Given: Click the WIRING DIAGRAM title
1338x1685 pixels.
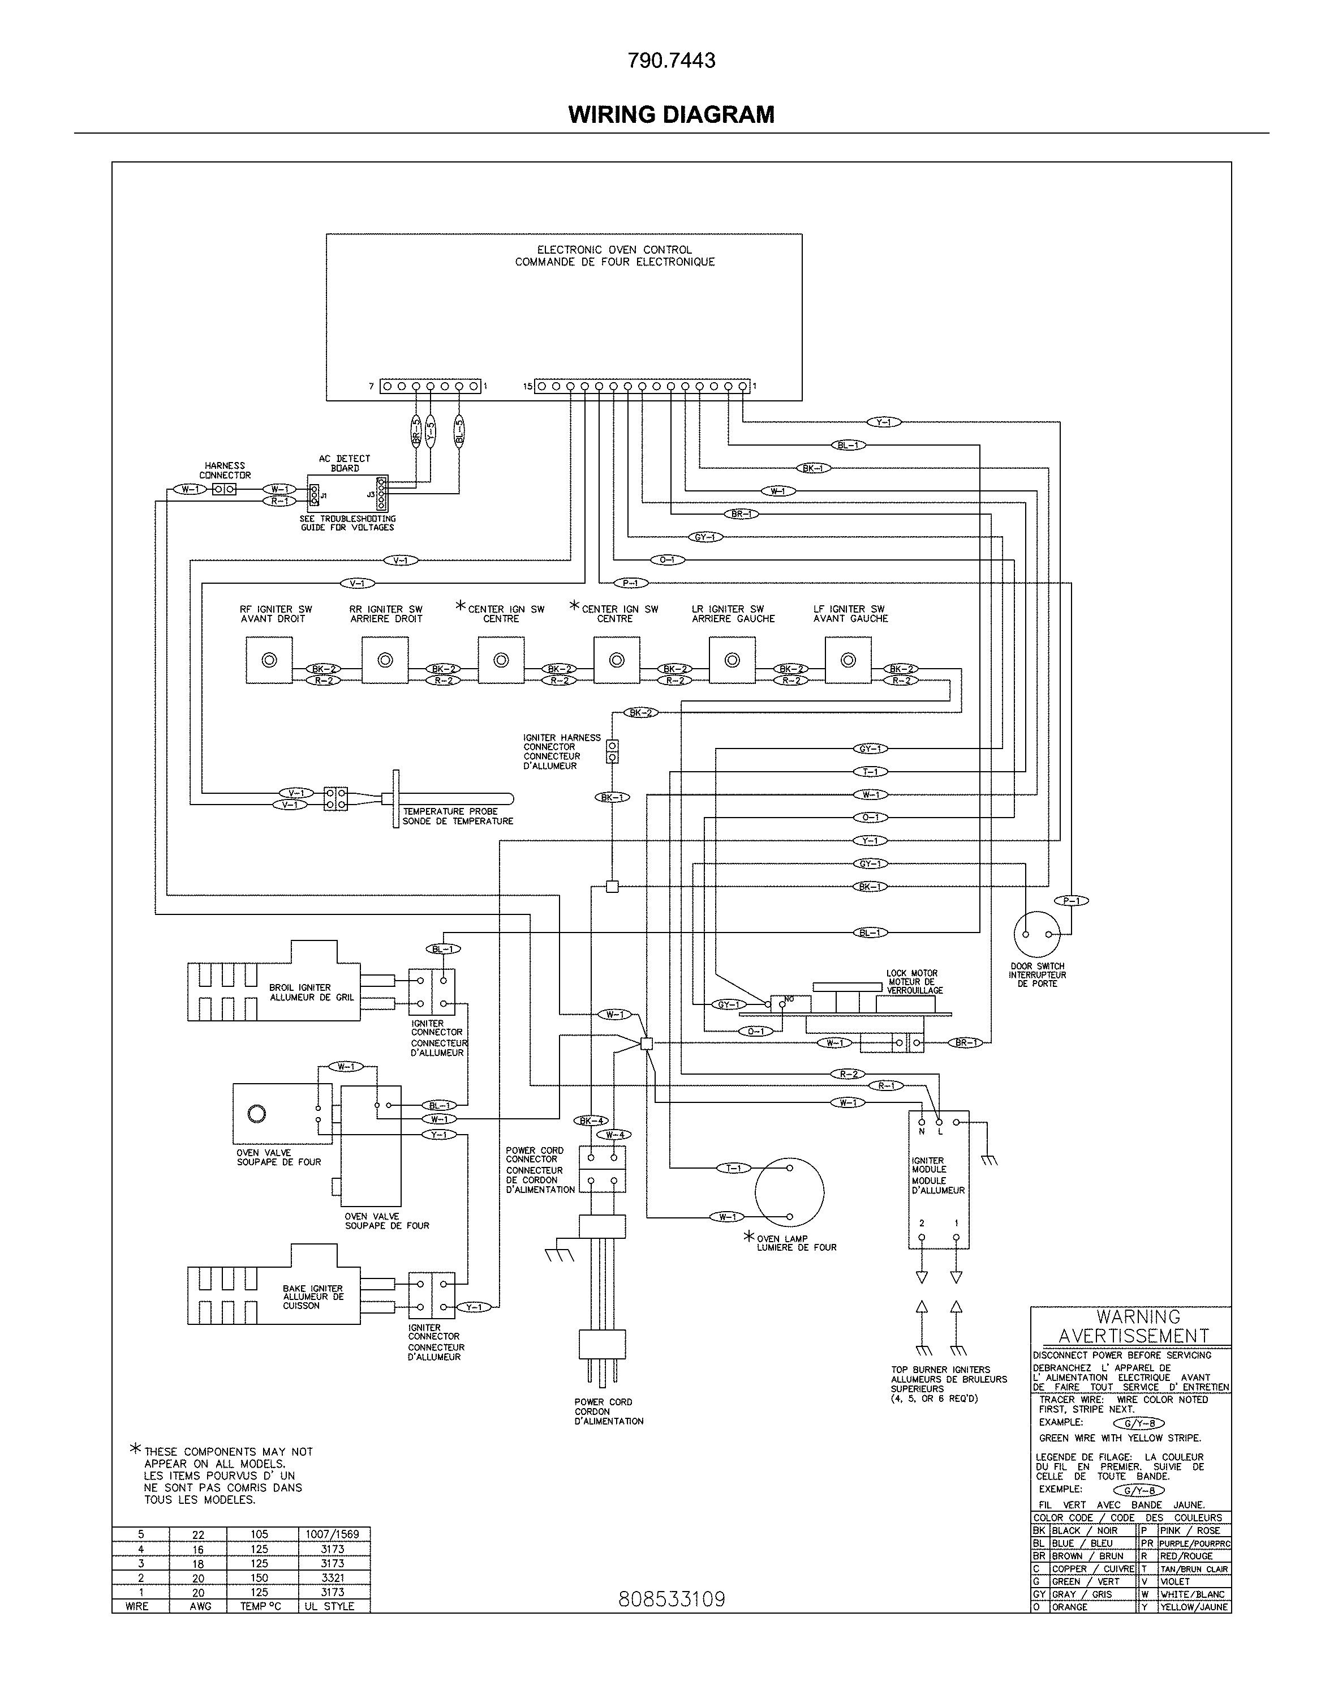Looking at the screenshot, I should [670, 114].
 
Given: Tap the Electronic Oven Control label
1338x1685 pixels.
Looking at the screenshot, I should [614, 255].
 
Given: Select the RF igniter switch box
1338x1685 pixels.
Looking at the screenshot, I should [269, 660].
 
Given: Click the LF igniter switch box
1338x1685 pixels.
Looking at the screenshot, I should [847, 660].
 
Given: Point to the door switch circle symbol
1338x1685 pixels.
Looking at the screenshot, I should [1036, 934].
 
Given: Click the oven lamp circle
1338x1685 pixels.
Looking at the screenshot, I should [789, 1192].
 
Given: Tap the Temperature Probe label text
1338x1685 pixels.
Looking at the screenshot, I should [458, 816].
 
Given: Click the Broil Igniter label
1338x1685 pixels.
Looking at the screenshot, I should [311, 992].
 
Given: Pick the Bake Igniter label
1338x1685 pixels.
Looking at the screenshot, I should [312, 1297].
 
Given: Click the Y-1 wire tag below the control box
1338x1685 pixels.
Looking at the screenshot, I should [883, 422].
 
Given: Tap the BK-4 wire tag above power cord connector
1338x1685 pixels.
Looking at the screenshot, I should [591, 1121].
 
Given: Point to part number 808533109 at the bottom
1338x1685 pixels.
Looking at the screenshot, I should [671, 1599].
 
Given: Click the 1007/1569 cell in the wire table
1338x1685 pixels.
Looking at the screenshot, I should [332, 1534].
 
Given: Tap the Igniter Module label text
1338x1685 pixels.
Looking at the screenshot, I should [937, 1175].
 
